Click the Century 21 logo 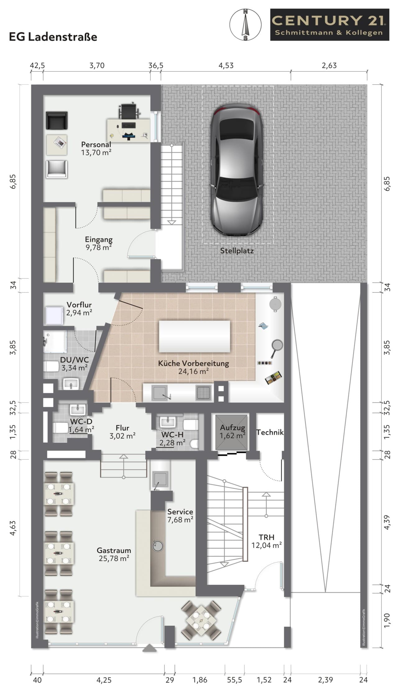pyautogui.click(x=330, y=25)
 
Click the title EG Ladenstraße pyautogui.click(x=53, y=37)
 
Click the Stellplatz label pyautogui.click(x=237, y=251)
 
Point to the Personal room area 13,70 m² pyautogui.click(x=96, y=153)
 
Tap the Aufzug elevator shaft pyautogui.click(x=232, y=432)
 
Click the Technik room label pyautogui.click(x=270, y=432)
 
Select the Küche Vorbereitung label pyautogui.click(x=193, y=363)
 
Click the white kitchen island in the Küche pyautogui.click(x=195, y=337)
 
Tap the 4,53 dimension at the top pyautogui.click(x=226, y=66)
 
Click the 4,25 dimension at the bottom pyautogui.click(x=104, y=680)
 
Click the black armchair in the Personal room pyautogui.click(x=57, y=121)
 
